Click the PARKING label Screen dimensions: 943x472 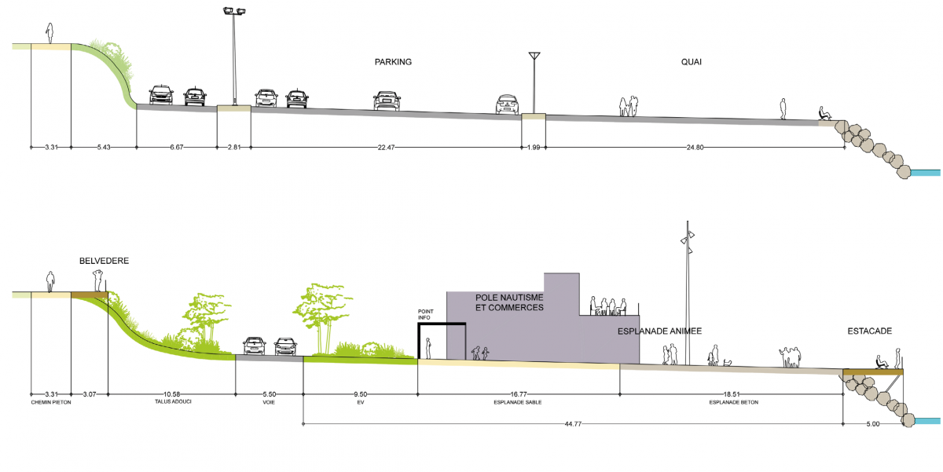click(x=393, y=62)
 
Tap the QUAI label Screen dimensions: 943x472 click(x=692, y=62)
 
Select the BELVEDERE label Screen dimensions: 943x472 click(x=104, y=261)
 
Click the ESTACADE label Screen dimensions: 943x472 click(x=869, y=331)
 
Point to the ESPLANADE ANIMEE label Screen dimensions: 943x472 click(x=659, y=331)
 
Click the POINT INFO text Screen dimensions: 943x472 click(x=425, y=315)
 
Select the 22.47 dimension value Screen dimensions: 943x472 click(x=386, y=147)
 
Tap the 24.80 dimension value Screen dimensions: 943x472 click(x=695, y=147)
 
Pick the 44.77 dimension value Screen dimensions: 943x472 click(x=573, y=424)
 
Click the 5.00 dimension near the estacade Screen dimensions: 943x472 click(x=873, y=424)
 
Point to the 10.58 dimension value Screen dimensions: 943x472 click(x=172, y=394)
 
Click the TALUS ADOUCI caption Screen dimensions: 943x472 click(x=173, y=402)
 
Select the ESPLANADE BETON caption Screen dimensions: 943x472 click(x=734, y=403)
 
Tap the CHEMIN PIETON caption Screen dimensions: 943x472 click(x=51, y=403)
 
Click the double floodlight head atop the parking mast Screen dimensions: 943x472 click(x=234, y=11)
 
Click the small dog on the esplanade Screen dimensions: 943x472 click(x=728, y=362)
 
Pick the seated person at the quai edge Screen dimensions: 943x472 click(x=825, y=114)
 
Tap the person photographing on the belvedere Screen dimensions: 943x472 click(x=98, y=280)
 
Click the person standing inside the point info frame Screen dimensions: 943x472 click(x=428, y=349)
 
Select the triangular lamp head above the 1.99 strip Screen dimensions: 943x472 click(x=534, y=56)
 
